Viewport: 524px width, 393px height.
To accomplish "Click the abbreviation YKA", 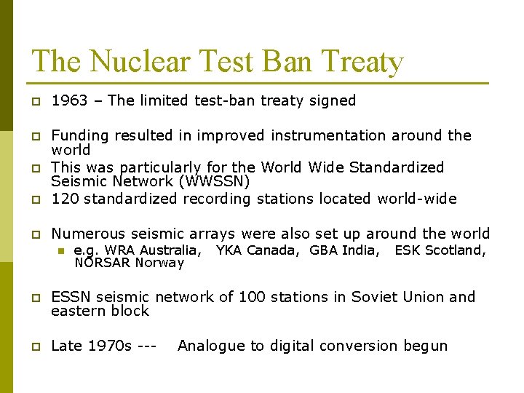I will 229,250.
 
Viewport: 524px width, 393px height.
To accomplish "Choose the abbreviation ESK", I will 407,250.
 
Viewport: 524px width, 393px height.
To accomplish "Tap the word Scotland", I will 455,250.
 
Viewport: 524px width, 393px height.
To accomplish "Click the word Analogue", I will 211,346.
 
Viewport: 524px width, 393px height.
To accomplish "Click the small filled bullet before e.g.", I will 62,251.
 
